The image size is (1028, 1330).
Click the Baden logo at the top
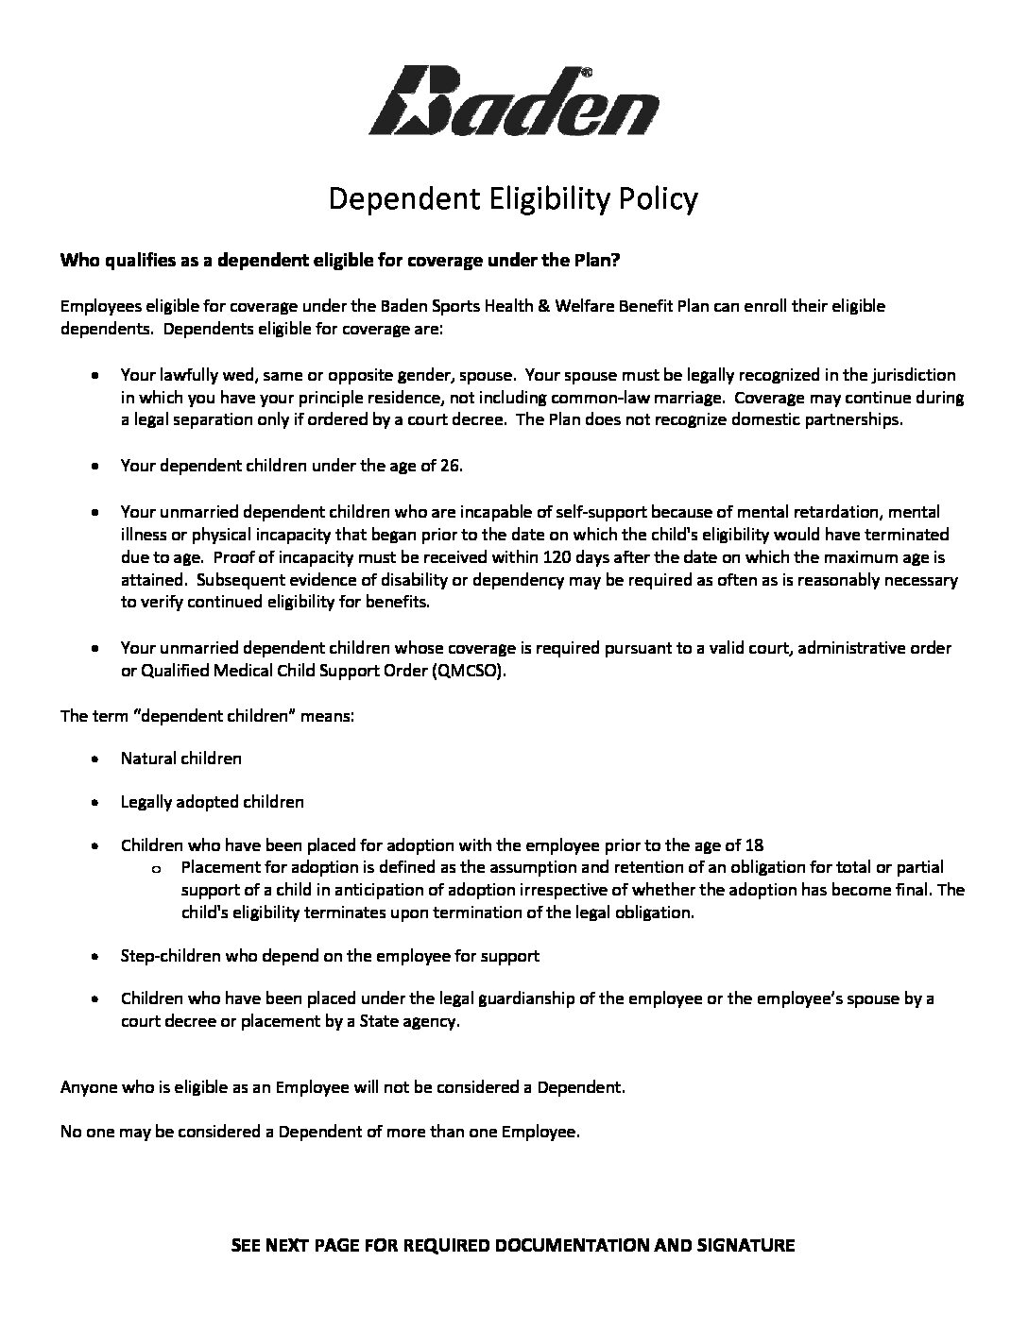[x=513, y=102]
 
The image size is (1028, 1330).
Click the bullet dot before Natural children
[x=96, y=759]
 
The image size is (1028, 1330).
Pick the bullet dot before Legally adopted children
[x=96, y=802]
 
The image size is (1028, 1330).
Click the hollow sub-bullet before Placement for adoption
[x=156, y=868]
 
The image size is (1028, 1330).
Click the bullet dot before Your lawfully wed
[x=96, y=375]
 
